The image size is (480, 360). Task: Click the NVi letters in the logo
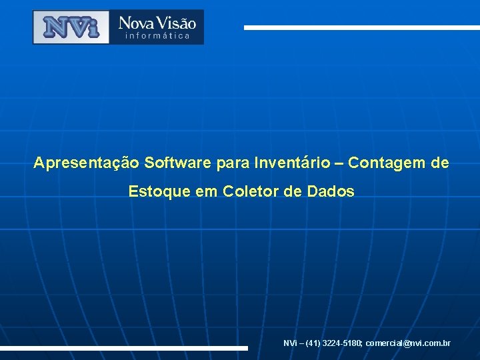point(71,27)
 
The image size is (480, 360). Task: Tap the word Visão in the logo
point(177,23)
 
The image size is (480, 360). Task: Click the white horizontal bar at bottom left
point(124,348)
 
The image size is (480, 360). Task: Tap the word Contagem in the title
point(383,163)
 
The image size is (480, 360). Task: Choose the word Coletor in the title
point(248,192)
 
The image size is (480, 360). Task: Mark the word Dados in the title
point(331,192)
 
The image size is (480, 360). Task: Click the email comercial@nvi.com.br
point(408,343)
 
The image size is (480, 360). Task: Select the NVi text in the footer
point(290,343)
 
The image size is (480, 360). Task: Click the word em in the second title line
point(207,193)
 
